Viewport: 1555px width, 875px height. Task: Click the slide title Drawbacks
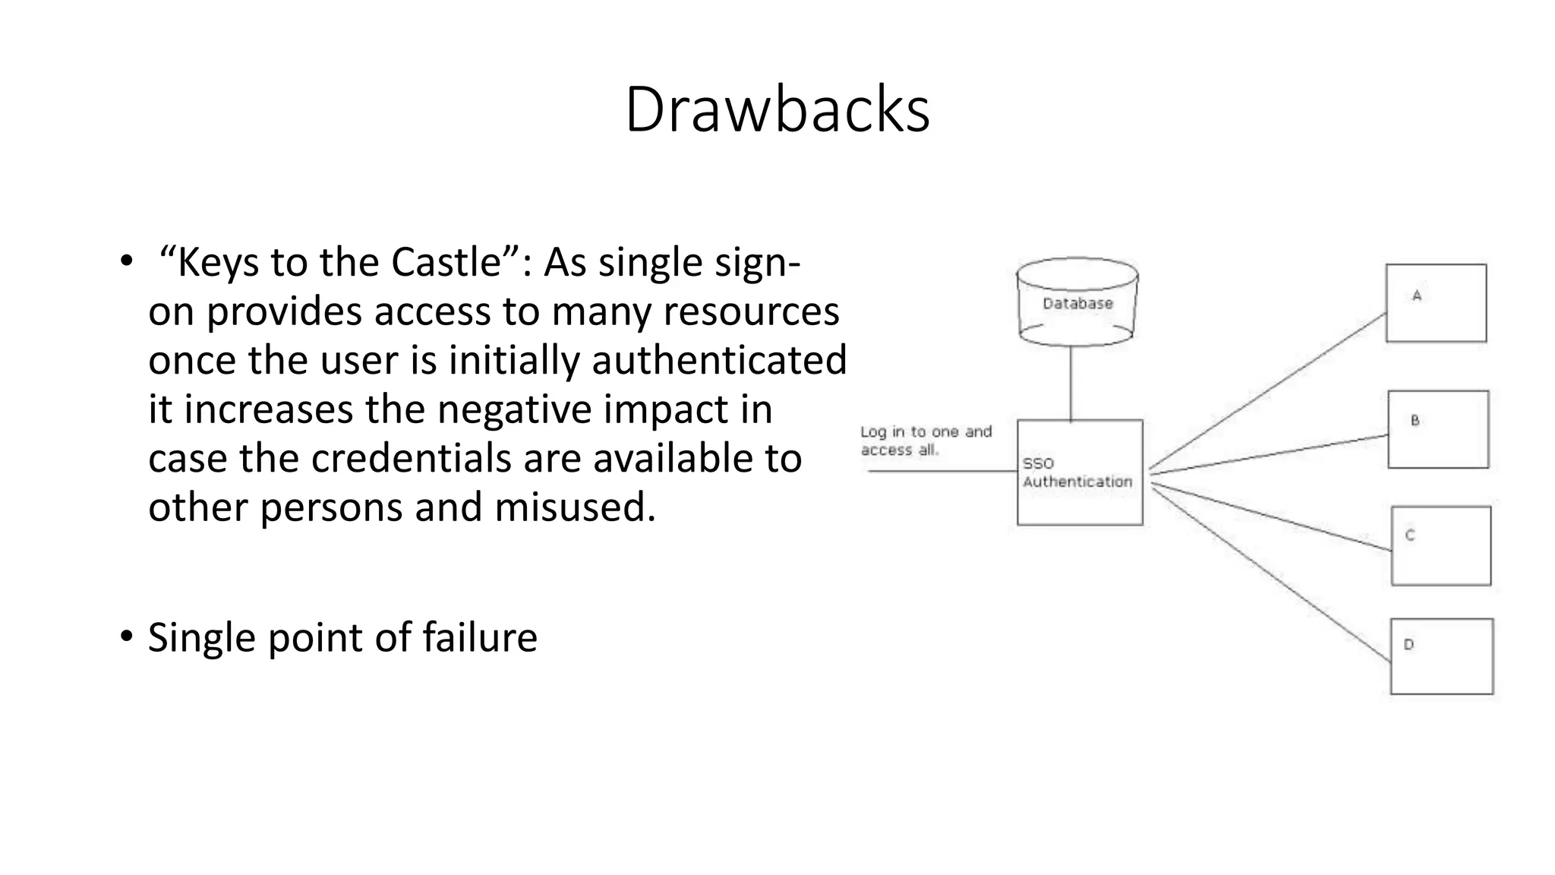click(777, 110)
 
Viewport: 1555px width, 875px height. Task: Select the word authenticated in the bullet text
click(719, 360)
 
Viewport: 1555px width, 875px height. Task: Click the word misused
click(575, 507)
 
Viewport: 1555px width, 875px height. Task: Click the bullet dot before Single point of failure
click(126, 636)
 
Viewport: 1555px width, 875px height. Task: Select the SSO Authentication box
click(1079, 472)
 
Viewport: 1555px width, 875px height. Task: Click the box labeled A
click(1436, 304)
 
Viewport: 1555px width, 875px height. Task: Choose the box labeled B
click(1438, 429)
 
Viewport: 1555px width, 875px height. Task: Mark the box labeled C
click(1440, 545)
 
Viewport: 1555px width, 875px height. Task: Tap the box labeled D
click(1441, 656)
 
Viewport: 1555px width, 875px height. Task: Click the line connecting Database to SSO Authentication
click(1071, 384)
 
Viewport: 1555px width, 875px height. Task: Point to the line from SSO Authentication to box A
click(1268, 391)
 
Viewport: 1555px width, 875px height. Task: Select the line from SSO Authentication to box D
click(1272, 575)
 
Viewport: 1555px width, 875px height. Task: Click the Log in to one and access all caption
click(925, 441)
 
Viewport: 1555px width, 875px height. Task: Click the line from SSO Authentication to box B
click(1268, 455)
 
